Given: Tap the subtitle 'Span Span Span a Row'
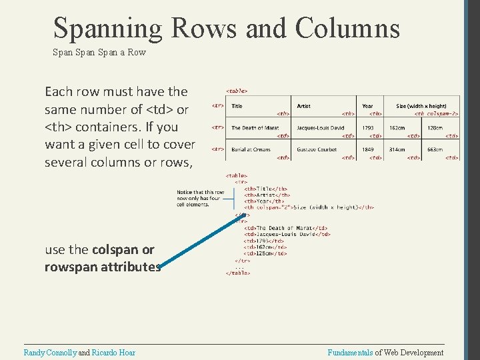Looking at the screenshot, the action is click(99, 52).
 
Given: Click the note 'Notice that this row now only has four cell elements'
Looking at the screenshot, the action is click(198, 199).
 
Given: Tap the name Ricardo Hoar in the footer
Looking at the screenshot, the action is click(113, 353).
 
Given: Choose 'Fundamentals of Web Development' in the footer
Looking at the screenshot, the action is click(385, 353).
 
